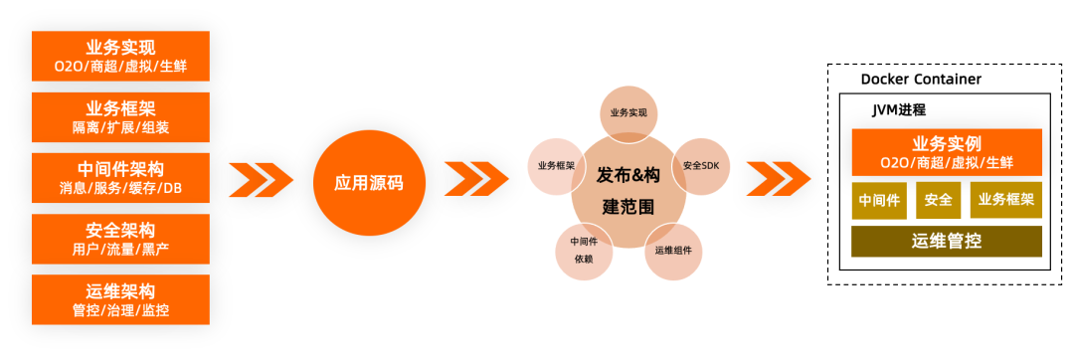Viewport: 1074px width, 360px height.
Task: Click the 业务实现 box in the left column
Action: (120, 57)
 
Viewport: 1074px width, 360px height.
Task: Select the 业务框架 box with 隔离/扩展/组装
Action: (120, 117)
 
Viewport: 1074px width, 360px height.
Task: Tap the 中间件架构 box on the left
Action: (120, 178)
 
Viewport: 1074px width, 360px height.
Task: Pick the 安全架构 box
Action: (120, 239)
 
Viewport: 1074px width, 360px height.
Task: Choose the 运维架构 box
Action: (120, 299)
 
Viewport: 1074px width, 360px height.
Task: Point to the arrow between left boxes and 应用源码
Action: (261, 180)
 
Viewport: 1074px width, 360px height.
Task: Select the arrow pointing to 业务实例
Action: (778, 179)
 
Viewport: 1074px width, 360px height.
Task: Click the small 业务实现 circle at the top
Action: (628, 112)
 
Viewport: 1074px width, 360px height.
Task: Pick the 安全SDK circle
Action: (702, 165)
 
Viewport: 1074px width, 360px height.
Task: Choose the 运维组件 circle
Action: (673, 250)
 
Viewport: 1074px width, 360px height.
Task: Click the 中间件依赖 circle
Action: (584, 252)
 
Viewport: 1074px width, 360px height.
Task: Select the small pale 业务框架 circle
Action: (556, 165)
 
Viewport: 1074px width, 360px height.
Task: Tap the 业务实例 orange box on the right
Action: (946, 152)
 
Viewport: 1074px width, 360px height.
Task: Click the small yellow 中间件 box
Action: (879, 200)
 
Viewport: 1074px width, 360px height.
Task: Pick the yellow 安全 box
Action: (938, 200)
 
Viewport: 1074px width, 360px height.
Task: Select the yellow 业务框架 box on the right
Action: (1005, 200)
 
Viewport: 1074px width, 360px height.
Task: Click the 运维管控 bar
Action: (946, 242)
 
